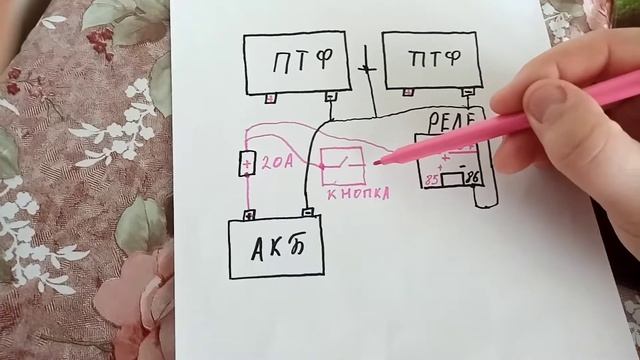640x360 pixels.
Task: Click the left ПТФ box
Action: [x=297, y=62]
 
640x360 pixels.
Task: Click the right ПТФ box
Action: [x=431, y=59]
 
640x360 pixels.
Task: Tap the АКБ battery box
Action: [x=277, y=248]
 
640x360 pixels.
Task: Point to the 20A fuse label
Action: [x=277, y=163]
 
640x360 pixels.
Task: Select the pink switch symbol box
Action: [x=342, y=165]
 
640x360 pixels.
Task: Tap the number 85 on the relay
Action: [x=432, y=181]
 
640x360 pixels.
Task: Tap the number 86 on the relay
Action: [x=473, y=178]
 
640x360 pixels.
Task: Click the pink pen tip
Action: [x=378, y=161]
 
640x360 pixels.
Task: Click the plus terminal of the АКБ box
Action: [x=248, y=214]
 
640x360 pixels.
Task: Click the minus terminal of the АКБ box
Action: [x=309, y=212]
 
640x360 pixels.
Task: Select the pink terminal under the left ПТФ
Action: [x=271, y=97]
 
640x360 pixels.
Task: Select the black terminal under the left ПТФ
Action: [x=331, y=97]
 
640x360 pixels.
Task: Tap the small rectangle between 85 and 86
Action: [x=452, y=179]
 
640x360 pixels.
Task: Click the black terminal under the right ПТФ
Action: [x=467, y=93]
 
